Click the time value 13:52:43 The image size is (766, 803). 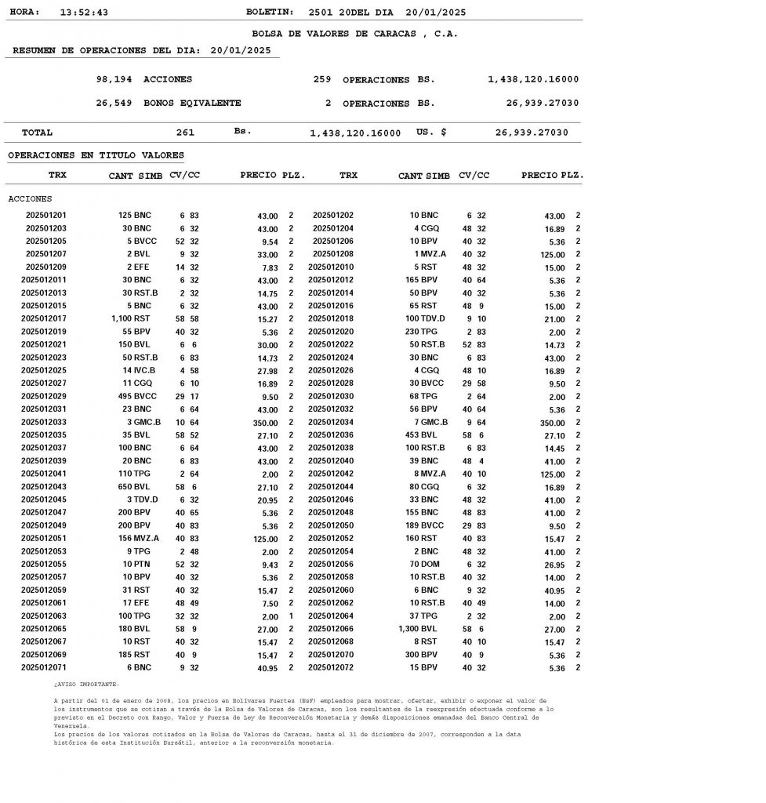pos(84,13)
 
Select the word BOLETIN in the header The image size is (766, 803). pos(269,13)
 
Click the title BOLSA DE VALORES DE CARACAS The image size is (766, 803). pos(354,34)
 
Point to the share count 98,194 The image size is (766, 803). pos(114,80)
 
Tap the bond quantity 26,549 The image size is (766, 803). pos(114,104)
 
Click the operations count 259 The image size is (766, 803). pos(321,80)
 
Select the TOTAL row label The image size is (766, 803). pos(37,133)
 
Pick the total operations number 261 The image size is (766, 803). pos(185,133)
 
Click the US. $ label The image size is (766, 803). pos(431,133)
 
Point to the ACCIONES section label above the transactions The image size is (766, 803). pos(30,199)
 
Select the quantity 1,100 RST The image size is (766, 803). pos(131,319)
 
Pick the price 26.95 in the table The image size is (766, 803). pos(554,565)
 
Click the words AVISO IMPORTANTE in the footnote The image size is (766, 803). pos(87,685)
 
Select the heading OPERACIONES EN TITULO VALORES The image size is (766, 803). pos(96,155)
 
